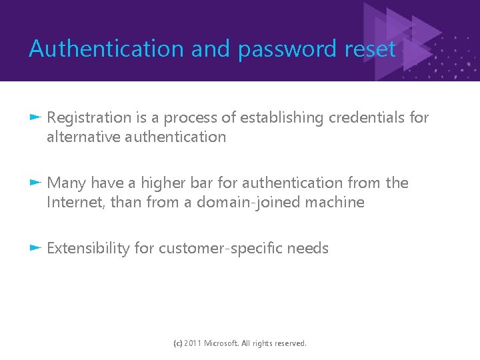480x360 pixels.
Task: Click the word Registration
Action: [89, 118]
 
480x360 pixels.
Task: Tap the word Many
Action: [67, 183]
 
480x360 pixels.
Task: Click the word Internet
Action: [71, 202]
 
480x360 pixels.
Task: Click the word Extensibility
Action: [88, 248]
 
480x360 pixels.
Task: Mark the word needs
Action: [310, 248]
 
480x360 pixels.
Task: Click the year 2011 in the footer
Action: [191, 343]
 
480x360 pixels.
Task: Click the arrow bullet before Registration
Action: [37, 118]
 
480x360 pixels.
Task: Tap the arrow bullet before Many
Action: [37, 183]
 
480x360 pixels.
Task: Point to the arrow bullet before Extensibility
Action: [37, 248]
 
